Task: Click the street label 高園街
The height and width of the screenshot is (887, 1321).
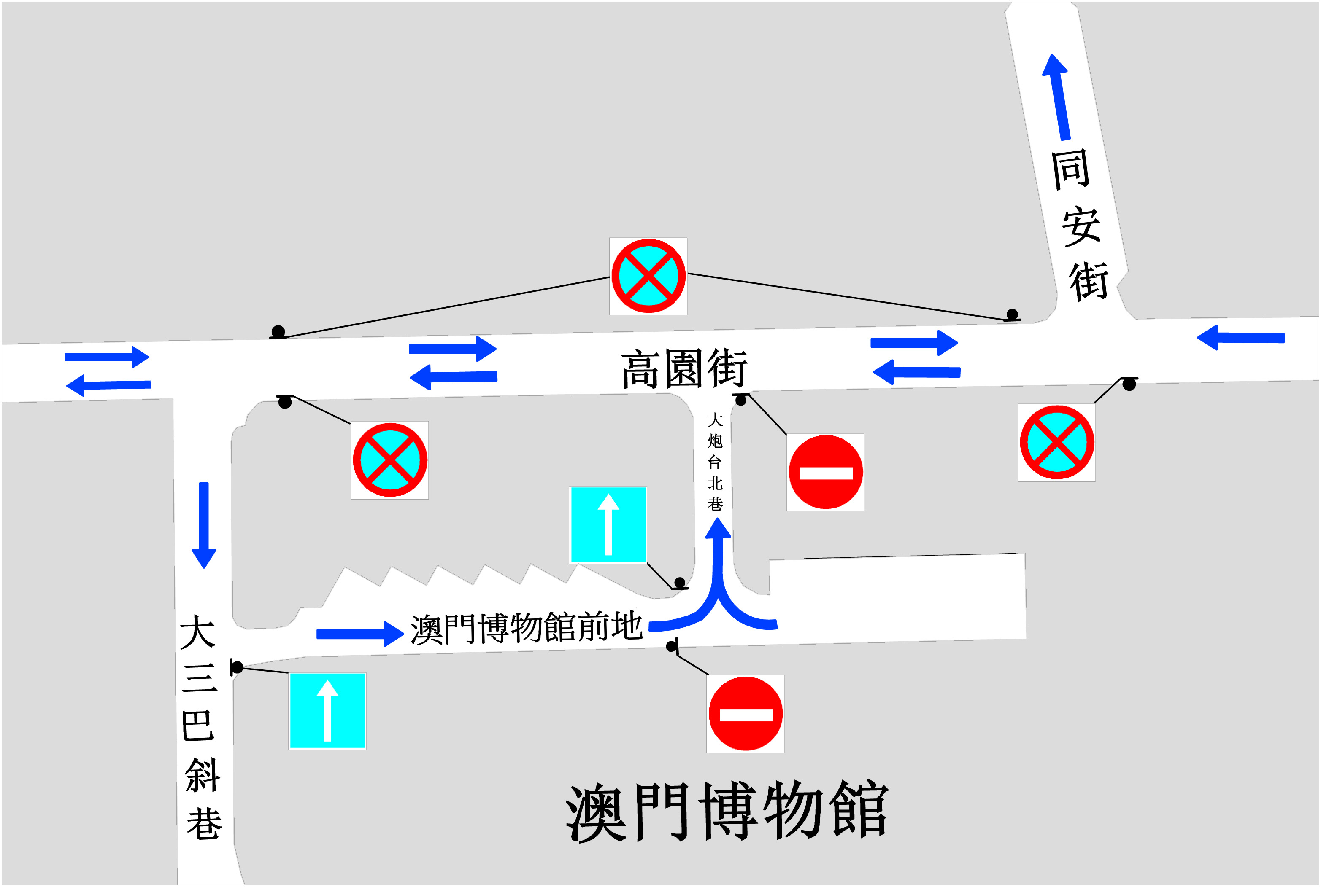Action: pos(684,369)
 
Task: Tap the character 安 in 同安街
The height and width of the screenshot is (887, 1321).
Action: pos(1081,226)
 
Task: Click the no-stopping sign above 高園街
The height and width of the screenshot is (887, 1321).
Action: pos(648,276)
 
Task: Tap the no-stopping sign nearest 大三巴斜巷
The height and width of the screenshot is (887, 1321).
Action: pos(390,460)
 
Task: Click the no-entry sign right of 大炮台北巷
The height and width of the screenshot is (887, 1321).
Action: pos(825,472)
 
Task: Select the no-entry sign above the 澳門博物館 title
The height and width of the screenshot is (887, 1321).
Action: pos(746,714)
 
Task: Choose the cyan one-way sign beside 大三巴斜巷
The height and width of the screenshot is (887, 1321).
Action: pos(327,710)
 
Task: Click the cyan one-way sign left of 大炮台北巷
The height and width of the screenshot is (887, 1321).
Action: pos(608,524)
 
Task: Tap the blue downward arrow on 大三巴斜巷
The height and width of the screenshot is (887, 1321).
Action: pos(204,524)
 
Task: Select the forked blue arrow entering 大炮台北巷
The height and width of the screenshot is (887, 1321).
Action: pos(717,589)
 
